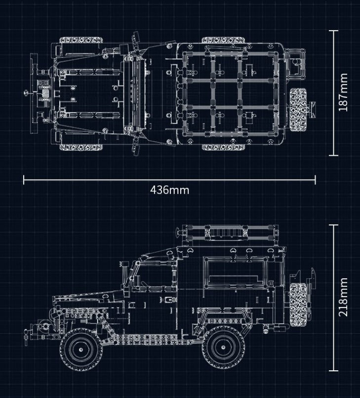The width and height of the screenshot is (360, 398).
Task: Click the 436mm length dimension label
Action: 169,189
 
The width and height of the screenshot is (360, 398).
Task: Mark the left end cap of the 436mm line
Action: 24,179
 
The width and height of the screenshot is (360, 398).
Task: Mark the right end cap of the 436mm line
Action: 315,179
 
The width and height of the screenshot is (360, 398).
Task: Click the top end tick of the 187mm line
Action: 334,31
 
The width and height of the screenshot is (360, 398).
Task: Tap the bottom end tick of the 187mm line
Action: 334,155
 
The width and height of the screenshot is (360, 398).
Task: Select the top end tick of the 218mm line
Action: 334,225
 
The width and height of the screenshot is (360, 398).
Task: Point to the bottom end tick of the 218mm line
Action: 334,370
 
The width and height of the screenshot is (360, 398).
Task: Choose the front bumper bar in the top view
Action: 34,92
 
